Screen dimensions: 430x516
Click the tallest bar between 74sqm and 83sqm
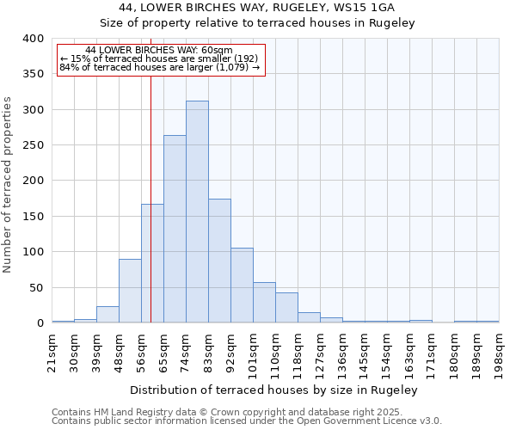197,212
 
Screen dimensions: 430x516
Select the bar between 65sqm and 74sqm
175,229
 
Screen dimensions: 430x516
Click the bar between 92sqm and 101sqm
242,286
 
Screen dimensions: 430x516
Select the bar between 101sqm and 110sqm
264,303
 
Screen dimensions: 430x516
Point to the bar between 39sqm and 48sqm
107,314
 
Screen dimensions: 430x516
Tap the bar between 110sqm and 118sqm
286,308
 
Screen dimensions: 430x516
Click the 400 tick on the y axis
33,39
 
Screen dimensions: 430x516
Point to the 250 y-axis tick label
33,145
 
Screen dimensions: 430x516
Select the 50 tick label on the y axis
35,288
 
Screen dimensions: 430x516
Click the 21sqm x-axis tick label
52,350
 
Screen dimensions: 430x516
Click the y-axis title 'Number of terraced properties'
9,184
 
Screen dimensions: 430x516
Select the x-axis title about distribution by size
275,390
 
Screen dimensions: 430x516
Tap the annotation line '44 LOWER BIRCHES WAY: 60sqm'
159,51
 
